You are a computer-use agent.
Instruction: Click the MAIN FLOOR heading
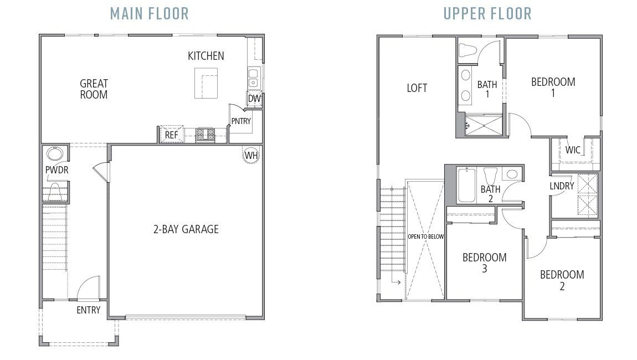click(x=149, y=13)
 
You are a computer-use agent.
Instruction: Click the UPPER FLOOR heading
click(x=487, y=13)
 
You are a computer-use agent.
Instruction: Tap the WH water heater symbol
click(x=251, y=155)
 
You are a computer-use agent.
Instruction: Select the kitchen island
click(x=206, y=83)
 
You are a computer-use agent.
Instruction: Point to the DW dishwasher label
click(x=254, y=99)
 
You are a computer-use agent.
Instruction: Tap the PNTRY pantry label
click(x=241, y=121)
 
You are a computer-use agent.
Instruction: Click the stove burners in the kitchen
click(x=206, y=134)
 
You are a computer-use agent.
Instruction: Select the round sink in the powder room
click(x=55, y=154)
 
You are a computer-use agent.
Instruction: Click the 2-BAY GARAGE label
click(x=186, y=229)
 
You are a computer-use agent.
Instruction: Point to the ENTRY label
click(x=88, y=310)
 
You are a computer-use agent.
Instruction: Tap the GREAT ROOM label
click(x=94, y=89)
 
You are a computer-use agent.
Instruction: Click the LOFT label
click(x=417, y=88)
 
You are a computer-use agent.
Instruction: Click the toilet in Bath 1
click(x=469, y=50)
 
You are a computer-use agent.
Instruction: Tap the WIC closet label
click(x=573, y=150)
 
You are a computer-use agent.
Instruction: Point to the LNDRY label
click(x=562, y=186)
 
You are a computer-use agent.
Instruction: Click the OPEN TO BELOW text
click(x=425, y=236)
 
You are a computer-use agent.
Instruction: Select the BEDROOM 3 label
click(x=484, y=263)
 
